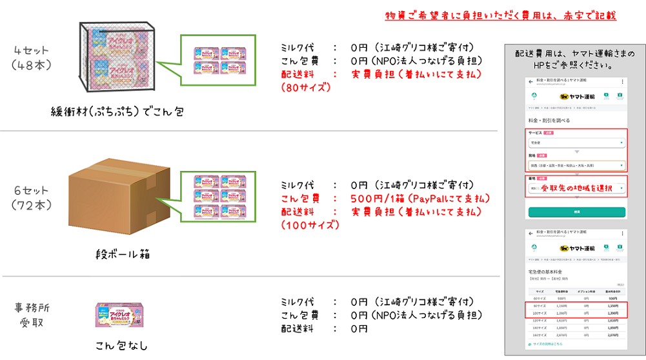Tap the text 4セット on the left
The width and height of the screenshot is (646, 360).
pos(32,50)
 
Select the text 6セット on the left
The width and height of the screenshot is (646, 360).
pos(32,191)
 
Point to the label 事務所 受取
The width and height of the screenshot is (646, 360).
pos(31,314)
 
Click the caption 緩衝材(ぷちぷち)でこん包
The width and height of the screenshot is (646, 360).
pos(117,112)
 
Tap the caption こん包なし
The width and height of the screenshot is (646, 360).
pos(121,345)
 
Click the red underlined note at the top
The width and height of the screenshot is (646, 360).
pos(500,15)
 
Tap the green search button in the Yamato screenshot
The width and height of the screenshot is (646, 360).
pos(576,212)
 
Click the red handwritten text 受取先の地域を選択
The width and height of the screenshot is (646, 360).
pos(576,188)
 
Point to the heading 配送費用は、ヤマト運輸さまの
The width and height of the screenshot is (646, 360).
pos(575,53)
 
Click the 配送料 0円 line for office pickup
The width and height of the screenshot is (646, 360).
pos(325,328)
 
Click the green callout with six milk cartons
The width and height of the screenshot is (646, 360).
pos(220,192)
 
